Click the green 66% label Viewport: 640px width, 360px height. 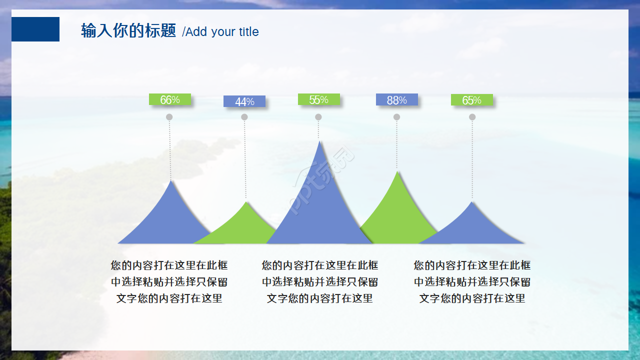point(170,99)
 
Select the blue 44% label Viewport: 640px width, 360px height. point(244,101)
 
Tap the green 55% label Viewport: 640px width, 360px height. point(318,99)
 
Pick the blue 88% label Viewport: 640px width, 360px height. point(396,100)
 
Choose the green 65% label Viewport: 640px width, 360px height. point(471,100)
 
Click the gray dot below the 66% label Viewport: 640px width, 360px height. point(169,117)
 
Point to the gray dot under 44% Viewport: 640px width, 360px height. point(244,117)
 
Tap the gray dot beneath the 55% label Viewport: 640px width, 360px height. point(318,117)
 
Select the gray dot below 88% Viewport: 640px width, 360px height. point(396,117)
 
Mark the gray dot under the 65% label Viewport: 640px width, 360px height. point(472,117)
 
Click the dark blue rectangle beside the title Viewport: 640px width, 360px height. point(35,29)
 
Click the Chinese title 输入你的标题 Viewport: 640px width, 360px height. point(128,31)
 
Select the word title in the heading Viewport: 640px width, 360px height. point(248,31)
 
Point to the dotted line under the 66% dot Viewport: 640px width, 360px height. point(170,150)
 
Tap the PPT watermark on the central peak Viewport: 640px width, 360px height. point(322,180)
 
